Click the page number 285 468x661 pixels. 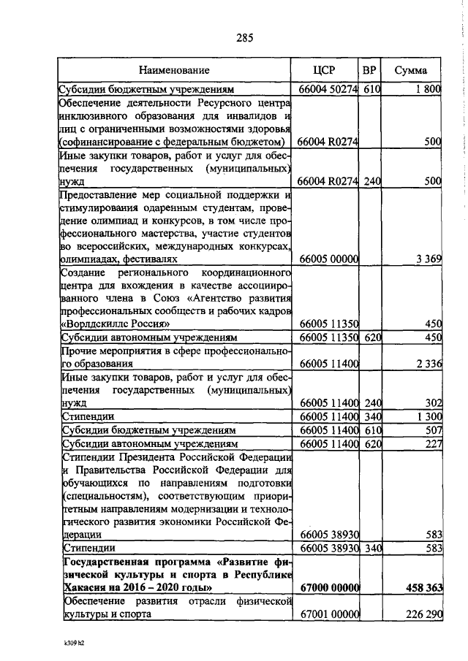click(x=244, y=38)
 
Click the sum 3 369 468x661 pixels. click(x=428, y=259)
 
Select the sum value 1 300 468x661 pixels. click(x=428, y=416)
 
